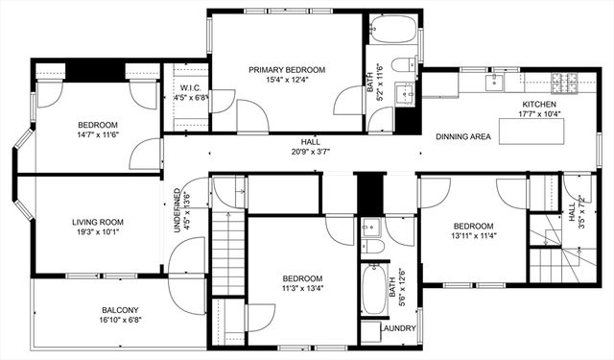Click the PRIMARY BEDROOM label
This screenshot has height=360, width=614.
287,70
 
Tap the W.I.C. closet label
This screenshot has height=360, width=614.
189,87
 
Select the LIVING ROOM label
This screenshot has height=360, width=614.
99,223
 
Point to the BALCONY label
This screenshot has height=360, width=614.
121,310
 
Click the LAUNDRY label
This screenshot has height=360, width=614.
397,328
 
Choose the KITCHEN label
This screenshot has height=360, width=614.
540,105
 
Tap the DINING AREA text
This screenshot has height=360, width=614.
463,137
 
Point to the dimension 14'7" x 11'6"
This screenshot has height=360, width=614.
98,135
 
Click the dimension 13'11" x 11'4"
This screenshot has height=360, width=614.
473,236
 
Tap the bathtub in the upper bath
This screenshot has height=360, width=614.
393,30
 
